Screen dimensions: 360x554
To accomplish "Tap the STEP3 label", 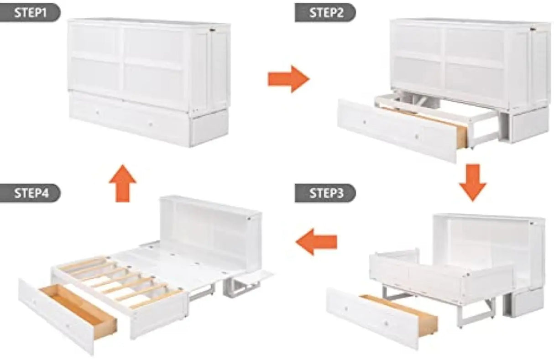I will point(325,193).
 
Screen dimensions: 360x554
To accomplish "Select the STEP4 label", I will point(30,193).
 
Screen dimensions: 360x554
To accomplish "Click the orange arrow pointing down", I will point(472,182).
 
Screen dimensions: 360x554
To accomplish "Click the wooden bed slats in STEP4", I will point(116,281).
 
